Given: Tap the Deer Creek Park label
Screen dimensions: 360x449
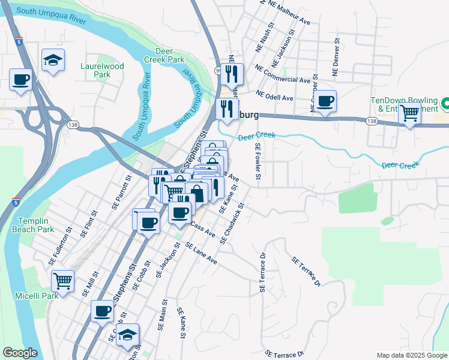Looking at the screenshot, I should pos(170,56).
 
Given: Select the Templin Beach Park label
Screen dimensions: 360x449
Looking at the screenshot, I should pos(36,225).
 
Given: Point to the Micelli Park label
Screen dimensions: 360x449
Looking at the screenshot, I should pos(37,295).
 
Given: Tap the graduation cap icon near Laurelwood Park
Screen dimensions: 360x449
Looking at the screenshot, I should pos(53,59).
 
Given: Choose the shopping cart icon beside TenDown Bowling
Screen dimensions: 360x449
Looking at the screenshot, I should pos(409,112).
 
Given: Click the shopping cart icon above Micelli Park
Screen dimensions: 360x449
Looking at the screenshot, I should pos(62,280).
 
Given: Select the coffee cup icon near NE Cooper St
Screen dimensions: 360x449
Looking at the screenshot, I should pos(325,100).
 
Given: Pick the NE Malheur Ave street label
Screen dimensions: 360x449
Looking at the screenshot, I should pos(289,12).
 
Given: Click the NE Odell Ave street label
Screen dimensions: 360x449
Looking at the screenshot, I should pos(274,95).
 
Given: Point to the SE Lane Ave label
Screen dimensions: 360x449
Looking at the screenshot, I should pos(201,254).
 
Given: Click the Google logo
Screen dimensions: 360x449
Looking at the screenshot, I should pos(20,353).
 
